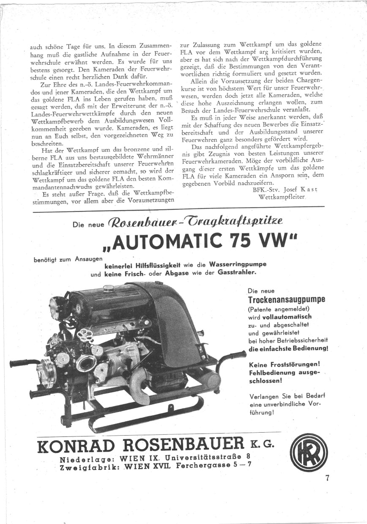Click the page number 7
327,478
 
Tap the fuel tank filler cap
113,289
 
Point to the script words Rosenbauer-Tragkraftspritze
198,222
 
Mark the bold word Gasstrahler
237,273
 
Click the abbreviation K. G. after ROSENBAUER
266,445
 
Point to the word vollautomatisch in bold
287,316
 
